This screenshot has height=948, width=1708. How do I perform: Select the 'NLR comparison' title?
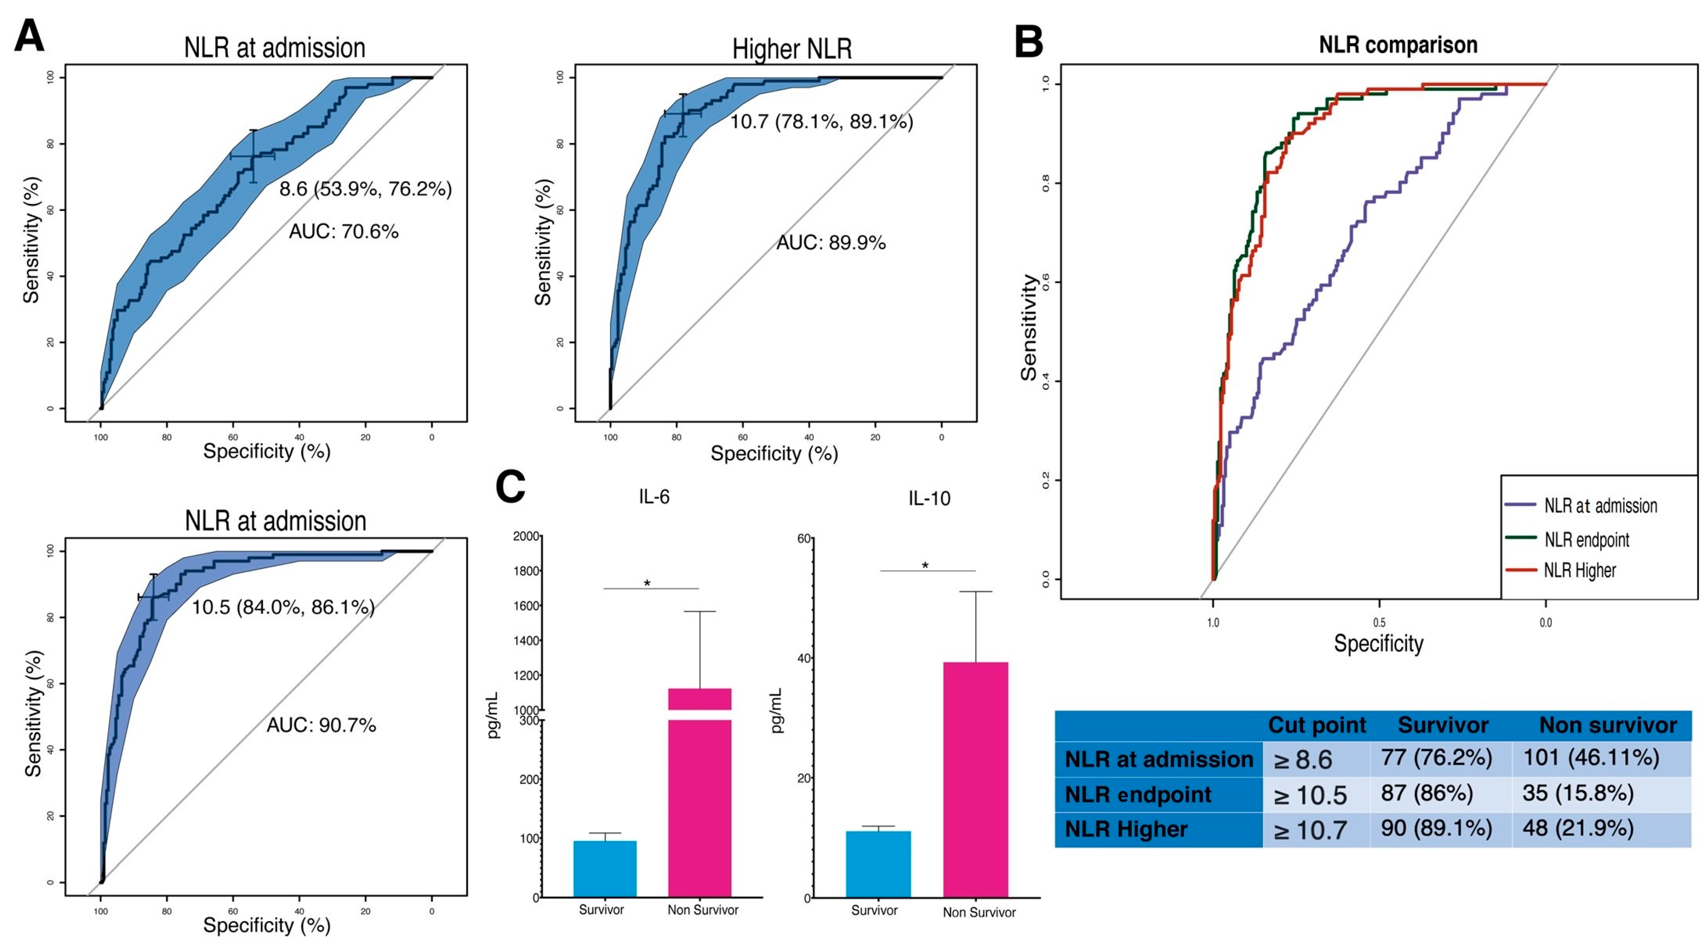1398,45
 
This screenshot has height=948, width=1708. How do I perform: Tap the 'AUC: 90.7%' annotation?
321,725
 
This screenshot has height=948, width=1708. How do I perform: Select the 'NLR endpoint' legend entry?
1586,540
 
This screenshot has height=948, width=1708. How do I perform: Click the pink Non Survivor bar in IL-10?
975,780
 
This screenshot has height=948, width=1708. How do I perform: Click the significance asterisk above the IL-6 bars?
647,583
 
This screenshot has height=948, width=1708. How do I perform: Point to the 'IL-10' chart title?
929,499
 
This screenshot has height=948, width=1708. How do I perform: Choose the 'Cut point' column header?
1317,725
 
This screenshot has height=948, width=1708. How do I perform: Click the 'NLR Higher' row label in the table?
1126,829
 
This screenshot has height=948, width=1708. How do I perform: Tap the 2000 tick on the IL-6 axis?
526,536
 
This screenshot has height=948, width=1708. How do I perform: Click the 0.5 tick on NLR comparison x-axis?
1379,622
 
